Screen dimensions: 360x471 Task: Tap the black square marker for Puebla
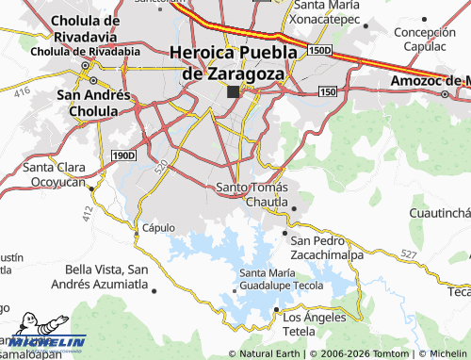233,91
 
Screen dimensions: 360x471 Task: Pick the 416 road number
22,90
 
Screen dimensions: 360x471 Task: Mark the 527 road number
407,254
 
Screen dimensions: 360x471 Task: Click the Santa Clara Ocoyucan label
54,174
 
